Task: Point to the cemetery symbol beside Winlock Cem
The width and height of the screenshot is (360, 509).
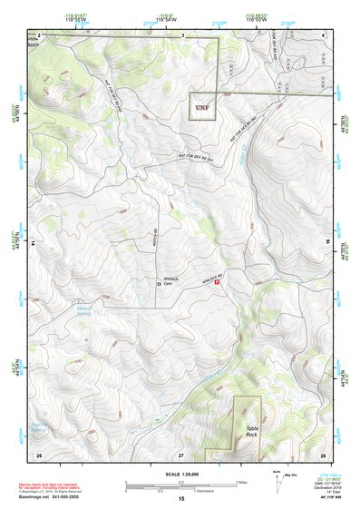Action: pos(159,285)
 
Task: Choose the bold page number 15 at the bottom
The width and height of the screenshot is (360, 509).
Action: pos(181,500)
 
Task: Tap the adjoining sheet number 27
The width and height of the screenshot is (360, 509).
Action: pos(180,453)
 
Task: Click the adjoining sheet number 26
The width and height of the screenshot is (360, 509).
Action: pos(38,453)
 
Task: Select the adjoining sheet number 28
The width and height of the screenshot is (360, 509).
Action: pos(323,453)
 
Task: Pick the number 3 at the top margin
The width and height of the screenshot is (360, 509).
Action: pos(183,34)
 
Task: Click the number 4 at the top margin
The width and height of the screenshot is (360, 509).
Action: pos(324,34)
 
